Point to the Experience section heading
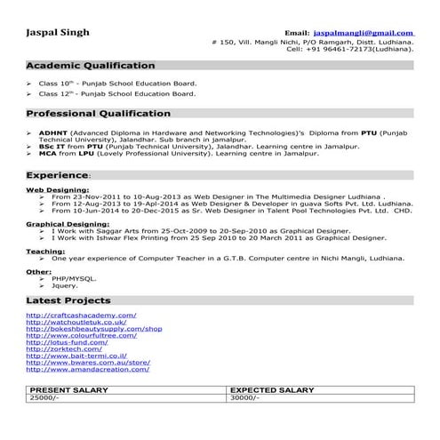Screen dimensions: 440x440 [57, 175]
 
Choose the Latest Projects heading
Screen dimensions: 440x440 [68, 301]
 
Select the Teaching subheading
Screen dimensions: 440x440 [44, 250]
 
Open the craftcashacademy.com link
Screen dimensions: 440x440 [81, 315]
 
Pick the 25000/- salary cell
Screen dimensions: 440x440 [43, 398]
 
